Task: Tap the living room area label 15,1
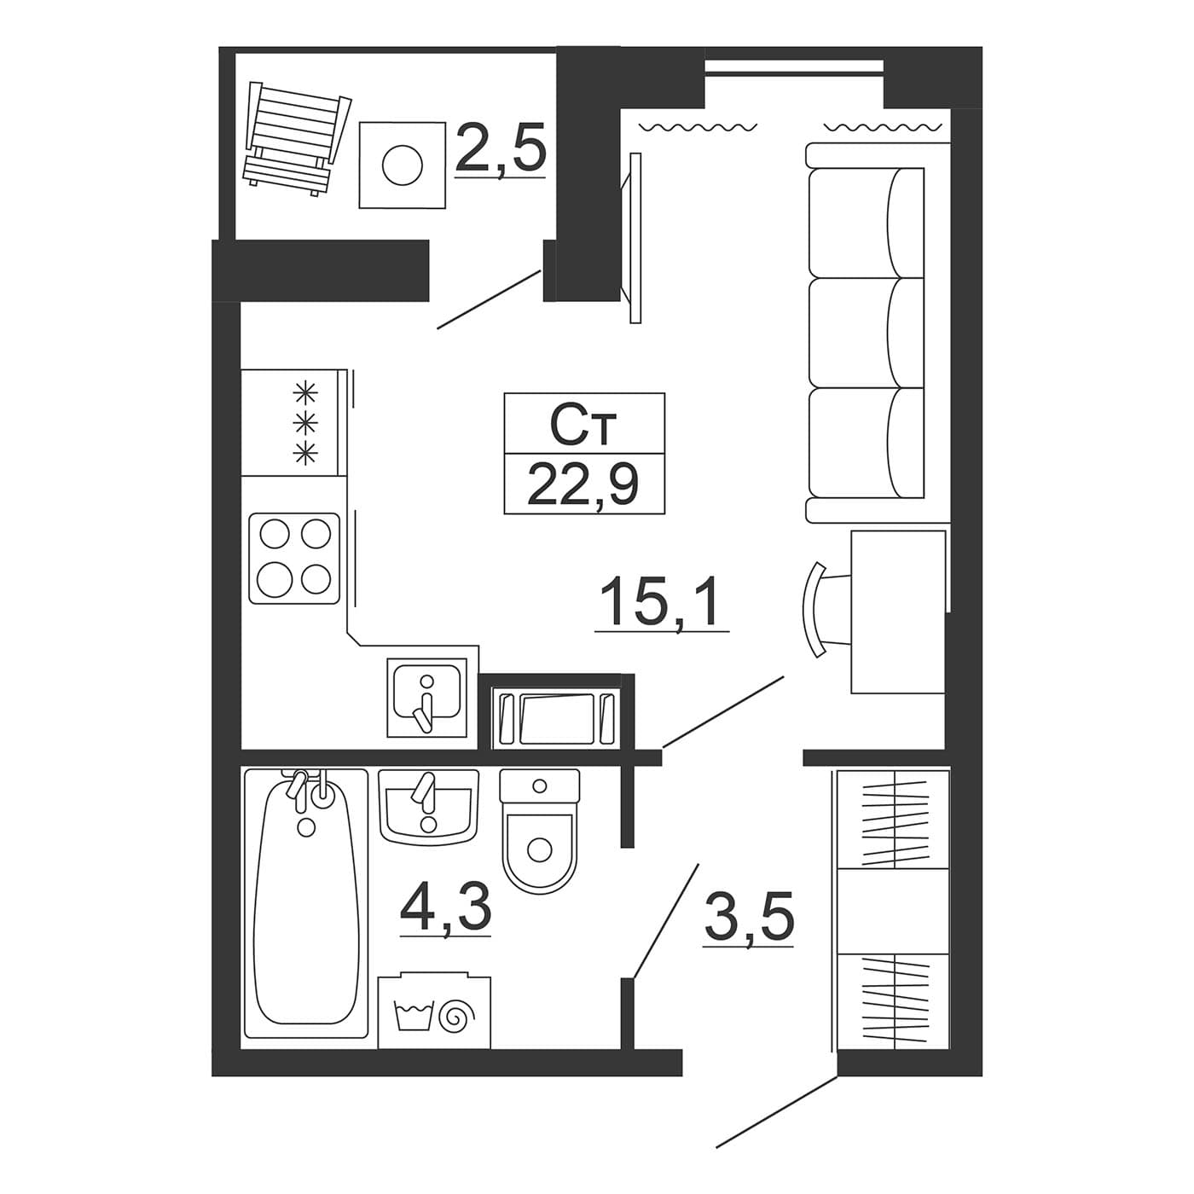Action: [661, 600]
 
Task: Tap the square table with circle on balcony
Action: [403, 165]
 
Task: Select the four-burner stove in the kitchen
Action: [294, 558]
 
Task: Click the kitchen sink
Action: [427, 698]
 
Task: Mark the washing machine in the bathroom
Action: [434, 1011]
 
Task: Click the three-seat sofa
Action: [877, 333]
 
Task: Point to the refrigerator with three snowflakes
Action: [293, 422]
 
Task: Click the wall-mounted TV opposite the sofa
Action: [633, 238]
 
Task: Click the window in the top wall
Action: [794, 67]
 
